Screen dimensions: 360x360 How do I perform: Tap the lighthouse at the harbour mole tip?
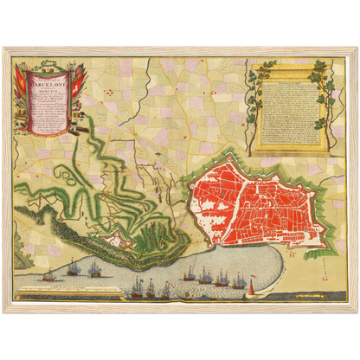click(252, 280)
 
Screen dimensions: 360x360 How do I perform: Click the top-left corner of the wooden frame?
click(4, 48)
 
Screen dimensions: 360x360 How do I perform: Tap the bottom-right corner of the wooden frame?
click(356, 311)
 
